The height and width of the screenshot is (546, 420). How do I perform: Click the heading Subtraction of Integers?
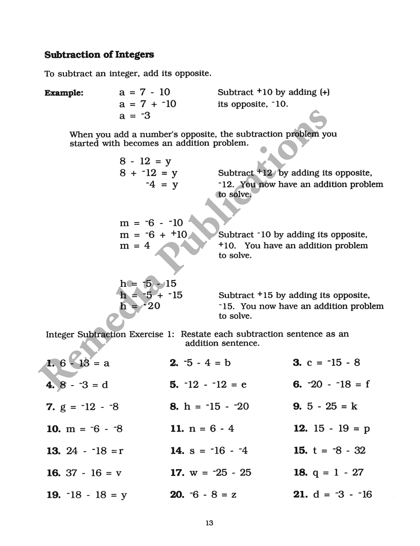click(99, 55)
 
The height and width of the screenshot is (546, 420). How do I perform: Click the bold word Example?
click(64, 93)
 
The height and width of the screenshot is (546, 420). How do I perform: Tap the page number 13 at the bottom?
click(210, 523)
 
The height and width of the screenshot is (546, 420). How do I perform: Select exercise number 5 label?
click(174, 385)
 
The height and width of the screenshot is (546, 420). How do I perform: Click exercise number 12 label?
click(300, 429)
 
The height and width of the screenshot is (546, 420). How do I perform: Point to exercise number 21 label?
click(300, 495)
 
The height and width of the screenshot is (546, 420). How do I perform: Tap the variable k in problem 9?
click(354, 407)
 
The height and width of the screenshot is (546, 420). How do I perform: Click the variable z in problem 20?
click(234, 495)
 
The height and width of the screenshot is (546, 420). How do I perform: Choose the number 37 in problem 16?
click(71, 473)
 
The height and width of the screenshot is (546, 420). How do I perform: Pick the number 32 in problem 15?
click(360, 451)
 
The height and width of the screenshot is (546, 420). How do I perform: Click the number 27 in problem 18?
click(358, 472)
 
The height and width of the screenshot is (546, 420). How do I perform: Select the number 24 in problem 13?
click(72, 451)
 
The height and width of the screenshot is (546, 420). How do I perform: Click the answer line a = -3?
click(134, 115)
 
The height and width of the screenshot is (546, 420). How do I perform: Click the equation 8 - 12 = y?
click(145, 161)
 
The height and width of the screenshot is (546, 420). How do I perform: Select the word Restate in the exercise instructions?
click(196, 334)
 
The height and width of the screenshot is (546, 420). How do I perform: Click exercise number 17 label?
click(177, 473)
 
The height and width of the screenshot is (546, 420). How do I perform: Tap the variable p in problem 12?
click(367, 429)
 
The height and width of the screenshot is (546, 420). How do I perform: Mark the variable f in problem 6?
click(367, 384)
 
